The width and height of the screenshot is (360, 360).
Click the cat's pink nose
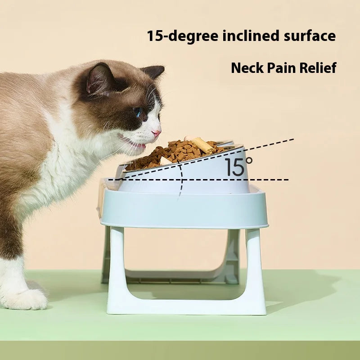(157, 133)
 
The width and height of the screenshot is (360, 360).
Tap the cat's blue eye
(138, 112)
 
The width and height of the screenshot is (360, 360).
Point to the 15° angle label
(238, 166)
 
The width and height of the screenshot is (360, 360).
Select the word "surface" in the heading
(310, 36)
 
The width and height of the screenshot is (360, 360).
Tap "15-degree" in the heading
(183, 36)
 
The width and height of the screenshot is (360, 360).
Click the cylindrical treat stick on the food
(203, 145)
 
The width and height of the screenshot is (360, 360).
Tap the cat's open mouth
(137, 144)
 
